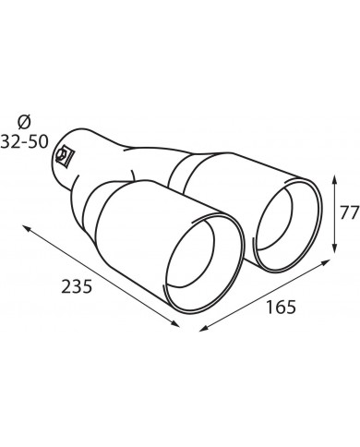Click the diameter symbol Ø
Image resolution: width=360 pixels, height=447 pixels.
[24, 123]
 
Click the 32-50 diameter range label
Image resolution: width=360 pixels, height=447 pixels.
[25, 142]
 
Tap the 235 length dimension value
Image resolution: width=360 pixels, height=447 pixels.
[77, 286]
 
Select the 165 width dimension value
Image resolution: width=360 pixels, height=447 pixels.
[281, 307]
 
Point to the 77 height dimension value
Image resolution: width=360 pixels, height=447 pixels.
[350, 212]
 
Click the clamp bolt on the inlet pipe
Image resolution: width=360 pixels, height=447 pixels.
[63, 155]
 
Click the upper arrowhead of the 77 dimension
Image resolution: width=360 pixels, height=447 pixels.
[334, 179]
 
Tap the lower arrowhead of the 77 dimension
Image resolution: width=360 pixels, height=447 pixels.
[334, 248]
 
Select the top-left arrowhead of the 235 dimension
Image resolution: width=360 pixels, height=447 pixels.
[27, 228]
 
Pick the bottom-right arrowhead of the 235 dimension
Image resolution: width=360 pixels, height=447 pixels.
[174, 323]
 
